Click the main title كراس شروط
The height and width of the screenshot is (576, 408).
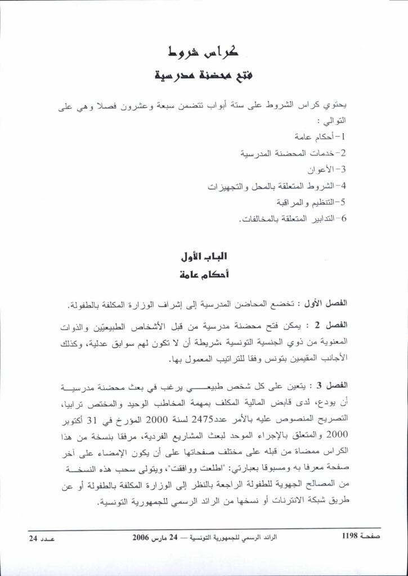tap(204, 54)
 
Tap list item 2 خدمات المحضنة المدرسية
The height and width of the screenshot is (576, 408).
tap(294, 152)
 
